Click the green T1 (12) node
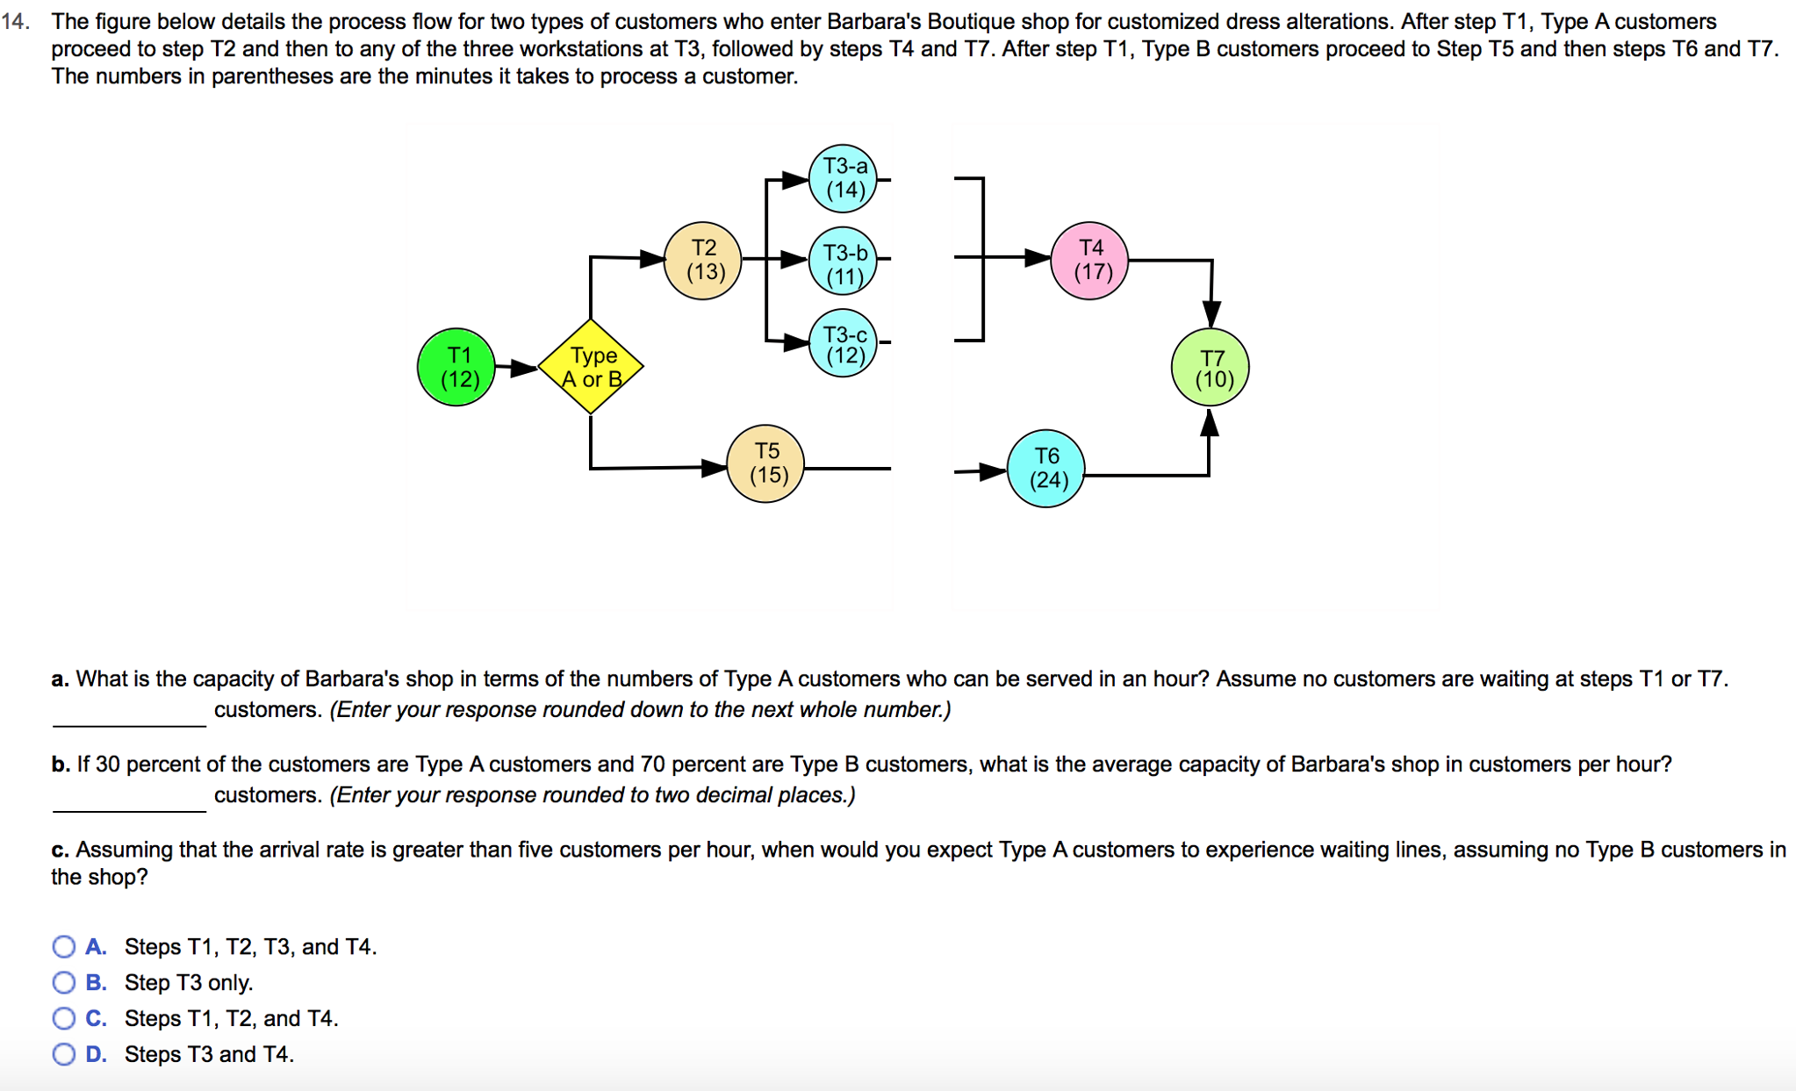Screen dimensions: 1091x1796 pos(456,367)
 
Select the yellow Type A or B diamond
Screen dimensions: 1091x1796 pos(591,367)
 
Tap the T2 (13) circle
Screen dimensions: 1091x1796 pos(702,260)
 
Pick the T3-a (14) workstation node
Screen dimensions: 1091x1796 pos(843,178)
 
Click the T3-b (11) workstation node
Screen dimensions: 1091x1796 pos(843,261)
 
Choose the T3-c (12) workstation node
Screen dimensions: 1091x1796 pos(843,343)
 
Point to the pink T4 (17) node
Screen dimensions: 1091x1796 pos(1089,261)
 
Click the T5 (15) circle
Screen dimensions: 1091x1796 pos(765,463)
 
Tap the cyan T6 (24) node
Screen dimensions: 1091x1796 pos(1045,469)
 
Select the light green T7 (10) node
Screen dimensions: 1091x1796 pos(1210,368)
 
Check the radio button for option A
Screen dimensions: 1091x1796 pos(64,946)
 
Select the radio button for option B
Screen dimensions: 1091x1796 pos(64,982)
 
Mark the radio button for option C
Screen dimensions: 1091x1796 pos(64,1018)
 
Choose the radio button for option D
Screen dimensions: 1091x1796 pos(64,1054)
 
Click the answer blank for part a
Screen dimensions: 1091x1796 pos(129,713)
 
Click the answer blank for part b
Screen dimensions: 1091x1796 pos(129,798)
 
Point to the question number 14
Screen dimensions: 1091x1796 pos(16,22)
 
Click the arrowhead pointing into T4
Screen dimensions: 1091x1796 pos(1038,257)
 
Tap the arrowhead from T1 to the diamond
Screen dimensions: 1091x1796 pos(524,368)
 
